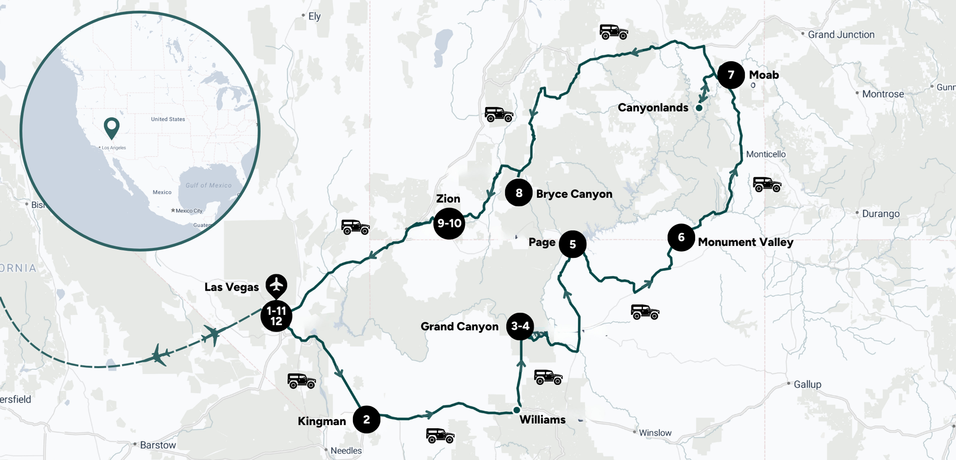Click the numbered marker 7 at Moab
[x=731, y=75]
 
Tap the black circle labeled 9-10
[x=449, y=223]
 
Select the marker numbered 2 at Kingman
[x=366, y=419]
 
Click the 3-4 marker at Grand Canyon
[x=520, y=326]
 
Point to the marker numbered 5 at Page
[x=572, y=244]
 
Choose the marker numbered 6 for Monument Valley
[x=681, y=237]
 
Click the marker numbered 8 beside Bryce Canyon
[x=519, y=193]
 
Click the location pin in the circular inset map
[x=112, y=127]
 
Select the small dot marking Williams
[x=516, y=410]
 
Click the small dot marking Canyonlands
[x=699, y=108]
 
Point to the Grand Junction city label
[x=841, y=35]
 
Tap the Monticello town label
[x=766, y=154]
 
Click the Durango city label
[x=880, y=214]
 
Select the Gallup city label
[x=807, y=384]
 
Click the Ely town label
[x=314, y=16]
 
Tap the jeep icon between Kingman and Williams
[x=440, y=436]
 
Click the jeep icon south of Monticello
[x=766, y=184]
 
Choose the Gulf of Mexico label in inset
[x=208, y=185]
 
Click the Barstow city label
[x=158, y=445]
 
